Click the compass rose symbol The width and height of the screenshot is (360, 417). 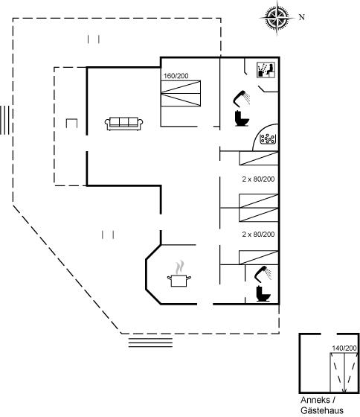click(x=277, y=18)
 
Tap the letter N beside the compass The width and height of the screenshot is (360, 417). click(x=301, y=17)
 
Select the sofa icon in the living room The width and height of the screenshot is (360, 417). click(x=123, y=124)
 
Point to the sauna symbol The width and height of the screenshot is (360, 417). click(x=266, y=70)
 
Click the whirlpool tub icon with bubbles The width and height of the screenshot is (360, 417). click(x=268, y=139)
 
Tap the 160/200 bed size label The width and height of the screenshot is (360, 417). click(x=176, y=76)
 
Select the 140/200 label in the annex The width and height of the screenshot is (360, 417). click(x=344, y=348)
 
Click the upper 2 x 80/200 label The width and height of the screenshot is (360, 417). click(x=258, y=179)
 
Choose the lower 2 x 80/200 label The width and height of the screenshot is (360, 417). click(x=258, y=235)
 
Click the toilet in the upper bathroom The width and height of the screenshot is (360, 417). click(x=242, y=118)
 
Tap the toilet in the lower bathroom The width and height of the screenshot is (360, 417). click(x=263, y=294)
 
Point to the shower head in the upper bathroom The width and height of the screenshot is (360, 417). click(x=242, y=98)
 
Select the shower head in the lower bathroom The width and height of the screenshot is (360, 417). click(x=263, y=274)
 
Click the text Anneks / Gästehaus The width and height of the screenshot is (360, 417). click(x=322, y=405)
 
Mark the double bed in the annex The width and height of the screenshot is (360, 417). click(x=344, y=372)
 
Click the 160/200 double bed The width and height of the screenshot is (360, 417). click(x=181, y=93)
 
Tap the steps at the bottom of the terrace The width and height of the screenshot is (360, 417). click(x=150, y=343)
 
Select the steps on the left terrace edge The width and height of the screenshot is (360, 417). click(x=7, y=120)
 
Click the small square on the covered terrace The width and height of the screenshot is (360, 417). click(x=71, y=124)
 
